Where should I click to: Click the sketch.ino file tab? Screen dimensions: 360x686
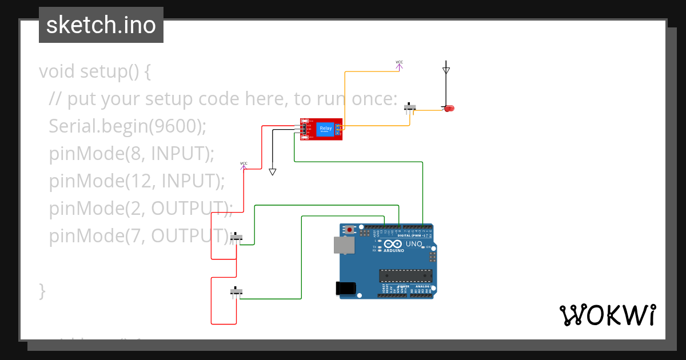(101, 25)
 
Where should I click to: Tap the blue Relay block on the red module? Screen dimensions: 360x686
(325, 129)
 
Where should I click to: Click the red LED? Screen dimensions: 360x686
(449, 108)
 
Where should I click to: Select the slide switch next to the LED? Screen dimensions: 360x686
(410, 107)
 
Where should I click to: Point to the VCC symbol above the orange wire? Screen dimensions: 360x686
(399, 65)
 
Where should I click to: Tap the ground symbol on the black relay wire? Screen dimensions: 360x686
(273, 171)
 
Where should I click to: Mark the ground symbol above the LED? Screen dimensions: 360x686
(446, 70)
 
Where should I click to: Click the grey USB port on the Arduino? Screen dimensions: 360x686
(344, 245)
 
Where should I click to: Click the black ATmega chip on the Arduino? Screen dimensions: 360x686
(405, 275)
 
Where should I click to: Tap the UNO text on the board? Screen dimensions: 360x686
(414, 245)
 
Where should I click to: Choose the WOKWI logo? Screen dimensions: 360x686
(607, 315)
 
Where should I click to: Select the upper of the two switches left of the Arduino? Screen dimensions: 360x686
(236, 237)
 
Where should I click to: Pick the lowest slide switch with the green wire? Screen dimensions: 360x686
(236, 291)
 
